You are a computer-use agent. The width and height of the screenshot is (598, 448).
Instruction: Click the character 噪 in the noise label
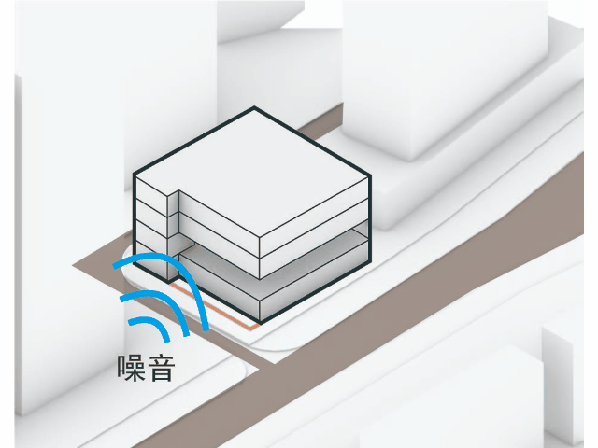(131, 367)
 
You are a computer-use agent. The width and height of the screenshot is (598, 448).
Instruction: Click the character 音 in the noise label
(161, 367)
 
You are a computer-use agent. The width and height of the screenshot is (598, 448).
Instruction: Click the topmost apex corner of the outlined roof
(252, 109)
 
